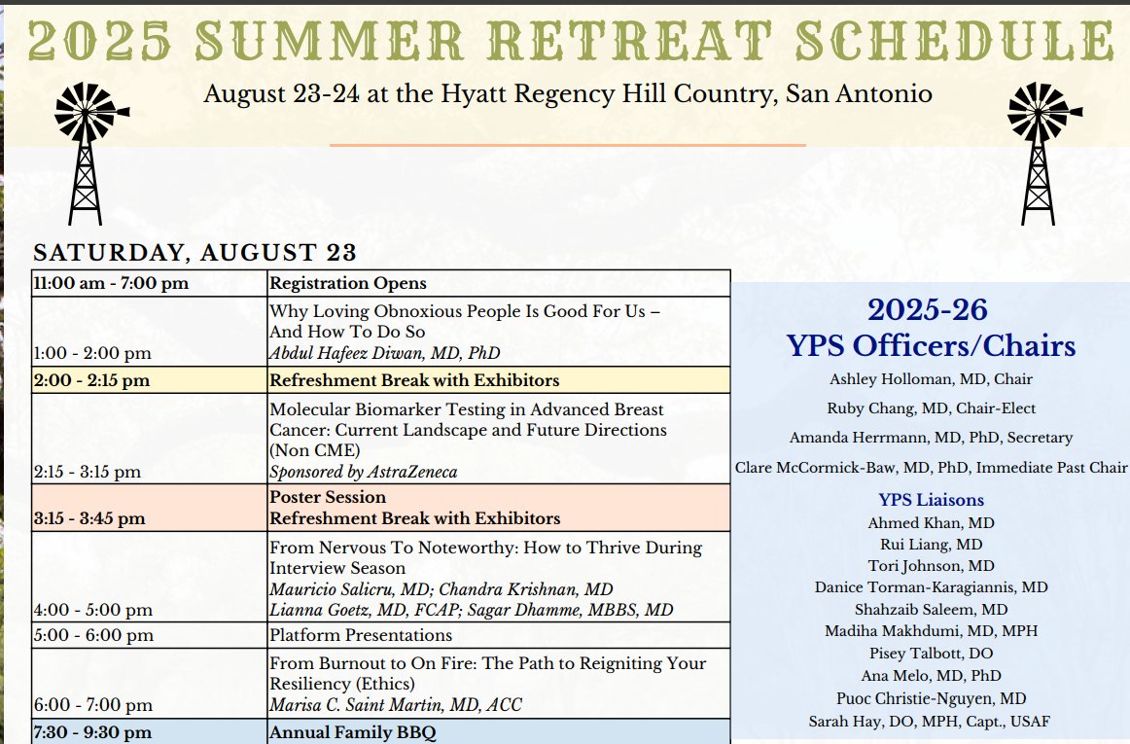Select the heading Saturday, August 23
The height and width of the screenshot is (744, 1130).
coord(194,253)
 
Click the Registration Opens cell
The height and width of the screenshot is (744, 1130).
coord(347,284)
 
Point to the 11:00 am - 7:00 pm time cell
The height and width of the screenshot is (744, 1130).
coord(111,284)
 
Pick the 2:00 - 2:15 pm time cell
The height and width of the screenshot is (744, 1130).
coord(91,380)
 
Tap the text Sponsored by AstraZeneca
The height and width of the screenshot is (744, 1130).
coord(363,472)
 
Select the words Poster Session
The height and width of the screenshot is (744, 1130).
coord(327,497)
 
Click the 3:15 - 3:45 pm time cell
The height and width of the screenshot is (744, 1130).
coord(88,518)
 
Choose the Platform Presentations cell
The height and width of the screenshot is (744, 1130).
coord(360,635)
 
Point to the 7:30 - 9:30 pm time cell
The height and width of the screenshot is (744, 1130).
coord(91,732)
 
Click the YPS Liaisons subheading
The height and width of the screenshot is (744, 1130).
coord(931,500)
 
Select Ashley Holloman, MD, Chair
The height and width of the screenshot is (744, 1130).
coord(931,378)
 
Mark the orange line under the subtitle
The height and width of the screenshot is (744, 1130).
coord(568,145)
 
